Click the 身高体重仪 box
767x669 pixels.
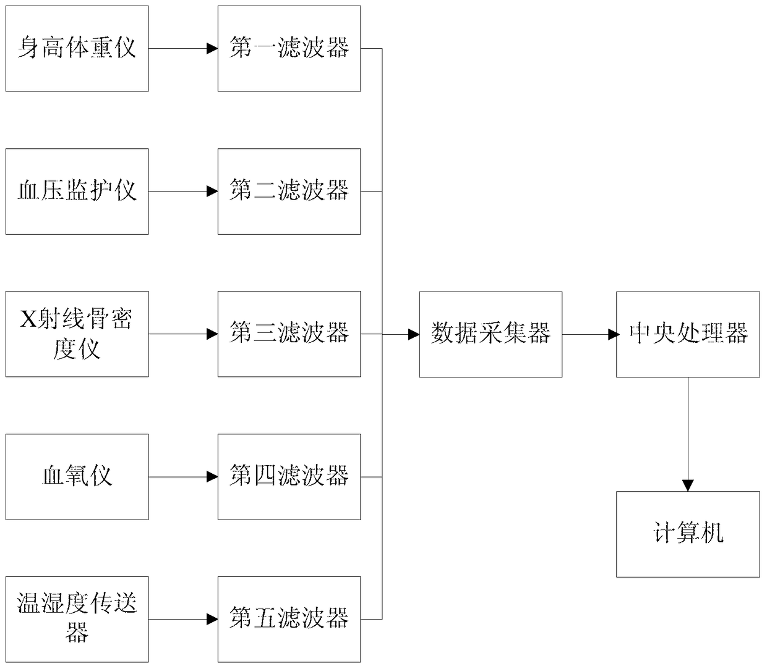(x=77, y=48)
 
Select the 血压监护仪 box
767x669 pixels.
(x=77, y=191)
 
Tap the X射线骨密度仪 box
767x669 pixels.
(x=77, y=334)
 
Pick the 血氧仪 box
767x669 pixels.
(x=77, y=476)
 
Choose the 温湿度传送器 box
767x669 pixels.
(x=77, y=619)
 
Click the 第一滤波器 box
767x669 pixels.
(x=289, y=48)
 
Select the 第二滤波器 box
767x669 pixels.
(x=289, y=191)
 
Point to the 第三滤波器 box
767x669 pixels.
(x=289, y=334)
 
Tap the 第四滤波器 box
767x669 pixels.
(x=289, y=476)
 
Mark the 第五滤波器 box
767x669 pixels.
(x=289, y=619)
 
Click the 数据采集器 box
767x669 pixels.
(x=491, y=334)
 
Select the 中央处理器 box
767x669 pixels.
(x=688, y=334)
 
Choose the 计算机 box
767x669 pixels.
(x=688, y=534)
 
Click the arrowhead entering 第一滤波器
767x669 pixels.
(x=213, y=48)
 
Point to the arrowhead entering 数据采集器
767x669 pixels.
(x=414, y=334)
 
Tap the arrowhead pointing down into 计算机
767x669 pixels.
(x=688, y=486)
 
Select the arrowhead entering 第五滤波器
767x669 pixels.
(x=213, y=619)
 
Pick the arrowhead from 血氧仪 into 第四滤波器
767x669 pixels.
(x=213, y=476)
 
